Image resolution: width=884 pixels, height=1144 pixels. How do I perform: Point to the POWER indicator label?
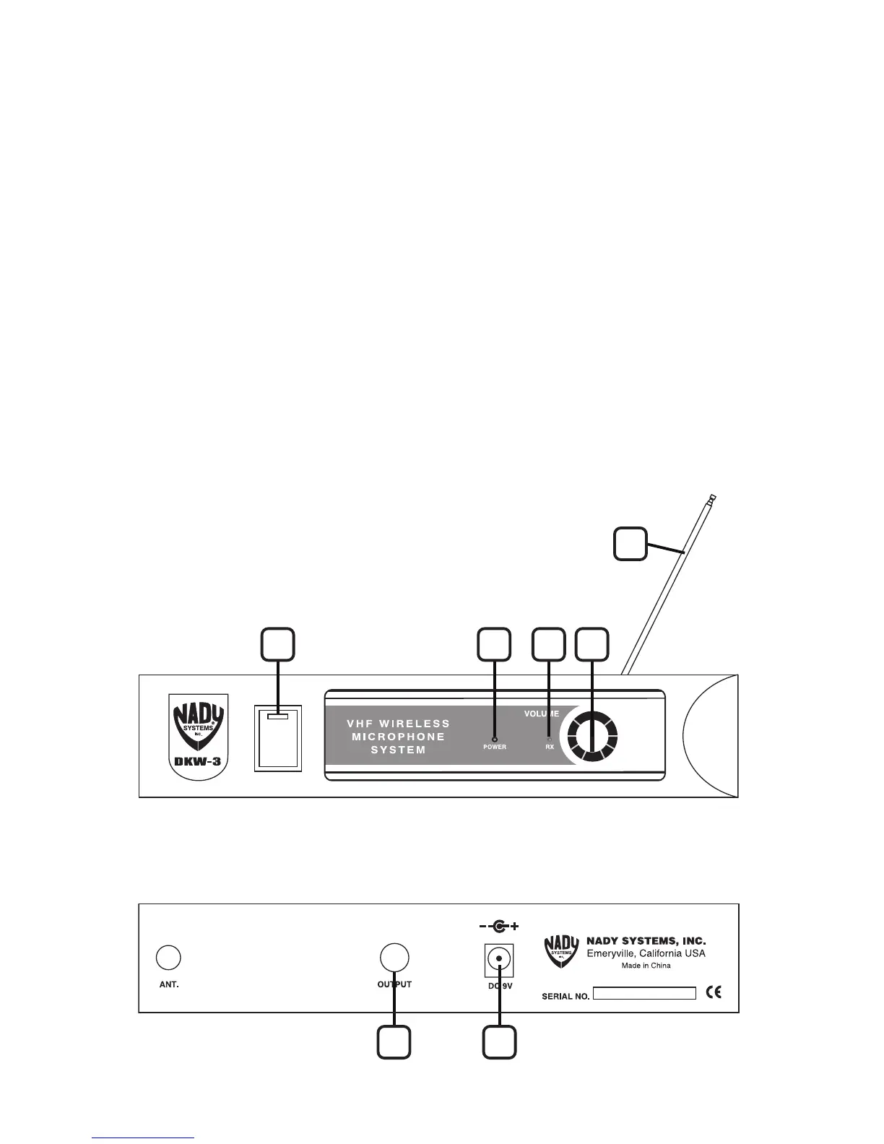[x=495, y=747]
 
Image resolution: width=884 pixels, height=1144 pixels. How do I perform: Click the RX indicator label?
[x=550, y=747]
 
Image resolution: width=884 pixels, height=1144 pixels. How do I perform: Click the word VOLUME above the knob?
[x=542, y=714]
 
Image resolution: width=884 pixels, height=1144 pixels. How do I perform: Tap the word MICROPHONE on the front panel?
[x=398, y=737]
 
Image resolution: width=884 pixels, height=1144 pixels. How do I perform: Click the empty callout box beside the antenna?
[x=630, y=544]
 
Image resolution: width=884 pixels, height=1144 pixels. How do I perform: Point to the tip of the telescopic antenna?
[x=712, y=498]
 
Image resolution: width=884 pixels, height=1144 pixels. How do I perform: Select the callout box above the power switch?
[x=278, y=643]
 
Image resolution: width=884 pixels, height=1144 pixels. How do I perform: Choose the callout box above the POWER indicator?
[x=495, y=643]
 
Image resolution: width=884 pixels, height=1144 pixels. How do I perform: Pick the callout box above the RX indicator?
[x=549, y=643]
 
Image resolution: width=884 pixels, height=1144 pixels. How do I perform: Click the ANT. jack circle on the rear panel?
[x=168, y=957]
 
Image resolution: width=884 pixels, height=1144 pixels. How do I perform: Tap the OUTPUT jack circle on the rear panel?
[x=394, y=957]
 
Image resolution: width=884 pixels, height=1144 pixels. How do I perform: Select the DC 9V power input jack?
[x=498, y=958]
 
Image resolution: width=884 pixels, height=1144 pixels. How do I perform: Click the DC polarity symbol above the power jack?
[x=498, y=926]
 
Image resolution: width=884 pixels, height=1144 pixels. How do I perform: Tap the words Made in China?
[x=646, y=966]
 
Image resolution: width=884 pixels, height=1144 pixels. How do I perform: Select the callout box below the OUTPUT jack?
[x=394, y=1042]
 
